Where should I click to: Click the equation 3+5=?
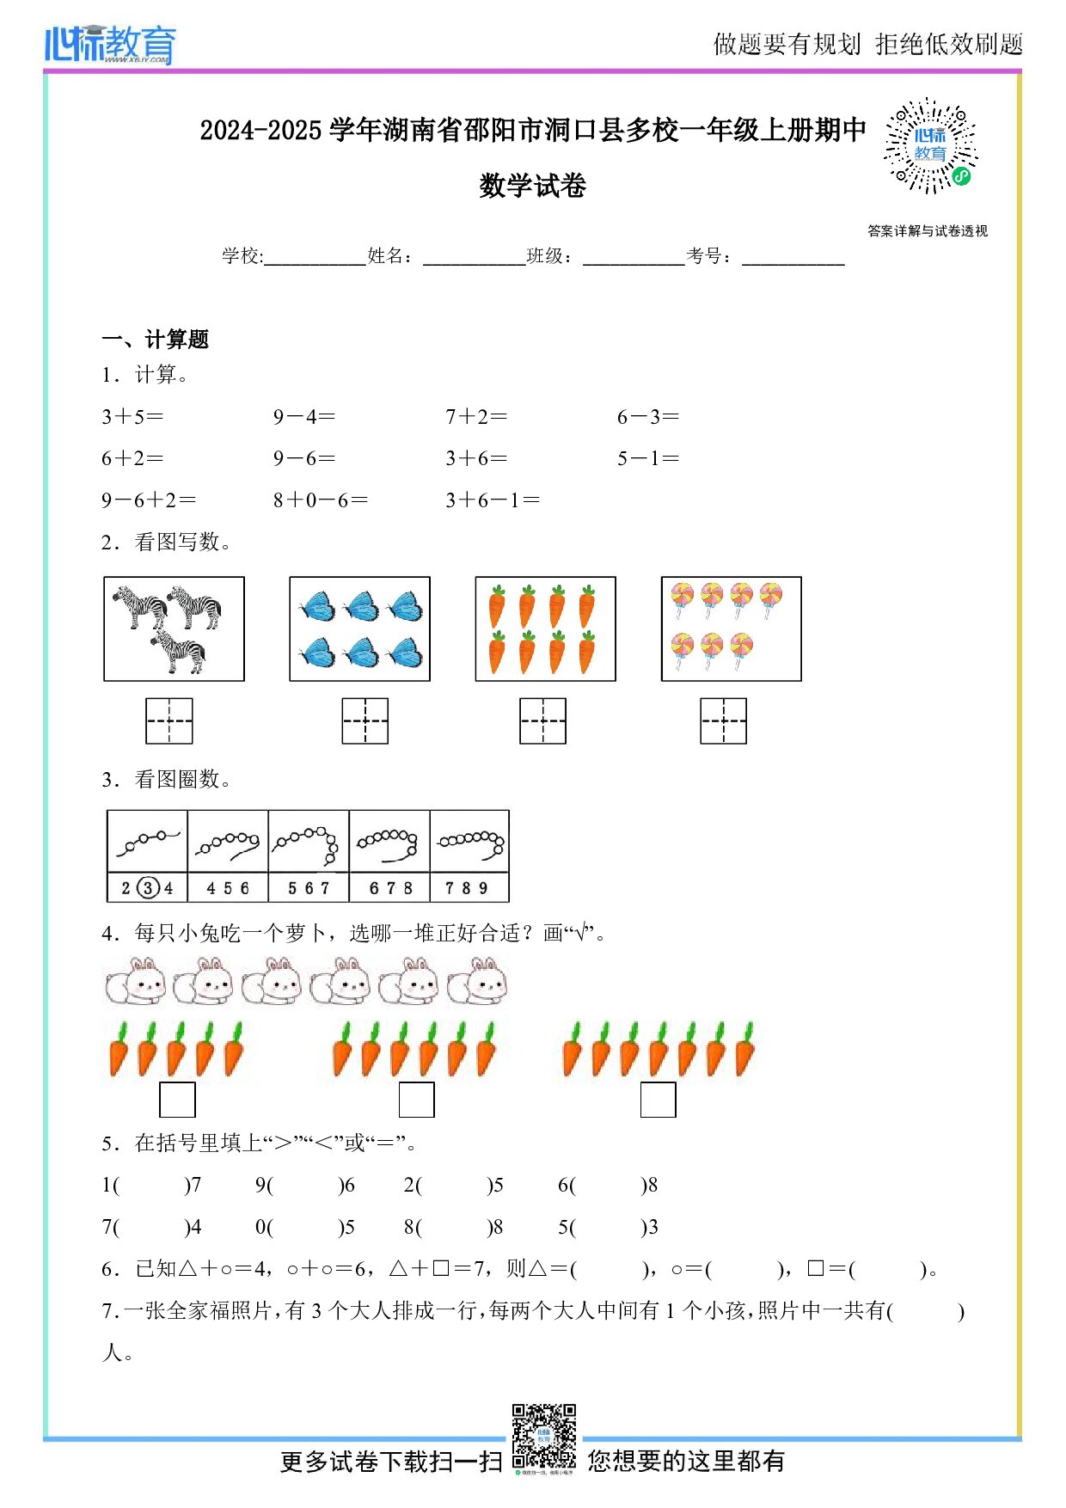click(x=132, y=417)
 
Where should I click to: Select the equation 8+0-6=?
click(x=321, y=500)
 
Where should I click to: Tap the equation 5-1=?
click(x=648, y=459)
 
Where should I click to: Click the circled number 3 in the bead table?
click(x=149, y=888)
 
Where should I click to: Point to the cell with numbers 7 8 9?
click(x=469, y=888)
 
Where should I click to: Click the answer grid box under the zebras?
click(x=169, y=721)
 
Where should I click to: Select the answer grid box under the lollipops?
click(x=723, y=721)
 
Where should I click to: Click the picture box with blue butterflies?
click(x=359, y=629)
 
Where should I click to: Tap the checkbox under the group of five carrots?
click(x=177, y=1100)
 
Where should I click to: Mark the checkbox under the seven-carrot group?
click(x=658, y=1100)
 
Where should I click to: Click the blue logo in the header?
click(x=110, y=45)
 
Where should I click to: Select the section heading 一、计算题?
click(x=156, y=340)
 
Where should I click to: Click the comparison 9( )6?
click(x=304, y=1186)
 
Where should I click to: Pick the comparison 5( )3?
click(x=608, y=1228)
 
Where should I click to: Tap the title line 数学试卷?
click(x=532, y=186)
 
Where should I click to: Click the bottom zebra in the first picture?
click(x=180, y=653)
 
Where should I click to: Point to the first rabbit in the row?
click(x=135, y=983)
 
